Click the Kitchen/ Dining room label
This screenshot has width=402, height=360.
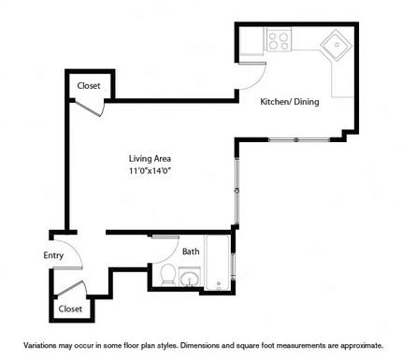pyautogui.click(x=290, y=102)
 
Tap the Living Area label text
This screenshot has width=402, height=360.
pyautogui.click(x=150, y=159)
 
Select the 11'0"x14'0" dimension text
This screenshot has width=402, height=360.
pyautogui.click(x=151, y=171)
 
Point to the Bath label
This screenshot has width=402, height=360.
pyautogui.click(x=191, y=252)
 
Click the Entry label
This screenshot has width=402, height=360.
pyautogui.click(x=53, y=255)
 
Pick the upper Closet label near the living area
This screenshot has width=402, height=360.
pyautogui.click(x=89, y=86)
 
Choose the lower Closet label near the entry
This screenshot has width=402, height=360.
pyautogui.click(x=70, y=309)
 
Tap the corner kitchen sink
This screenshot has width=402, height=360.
pyautogui.click(x=337, y=46)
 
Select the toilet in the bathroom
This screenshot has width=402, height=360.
pyautogui.click(x=168, y=274)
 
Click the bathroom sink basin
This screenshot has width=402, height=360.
pyautogui.click(x=189, y=278)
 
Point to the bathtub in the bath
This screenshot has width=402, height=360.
pyautogui.click(x=217, y=263)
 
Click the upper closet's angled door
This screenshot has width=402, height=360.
pyautogui.click(x=89, y=108)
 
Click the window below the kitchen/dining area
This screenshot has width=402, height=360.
pyautogui.click(x=299, y=139)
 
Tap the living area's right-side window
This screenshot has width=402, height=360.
pyautogui.click(x=237, y=191)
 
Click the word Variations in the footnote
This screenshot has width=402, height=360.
pyautogui.click(x=39, y=346)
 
